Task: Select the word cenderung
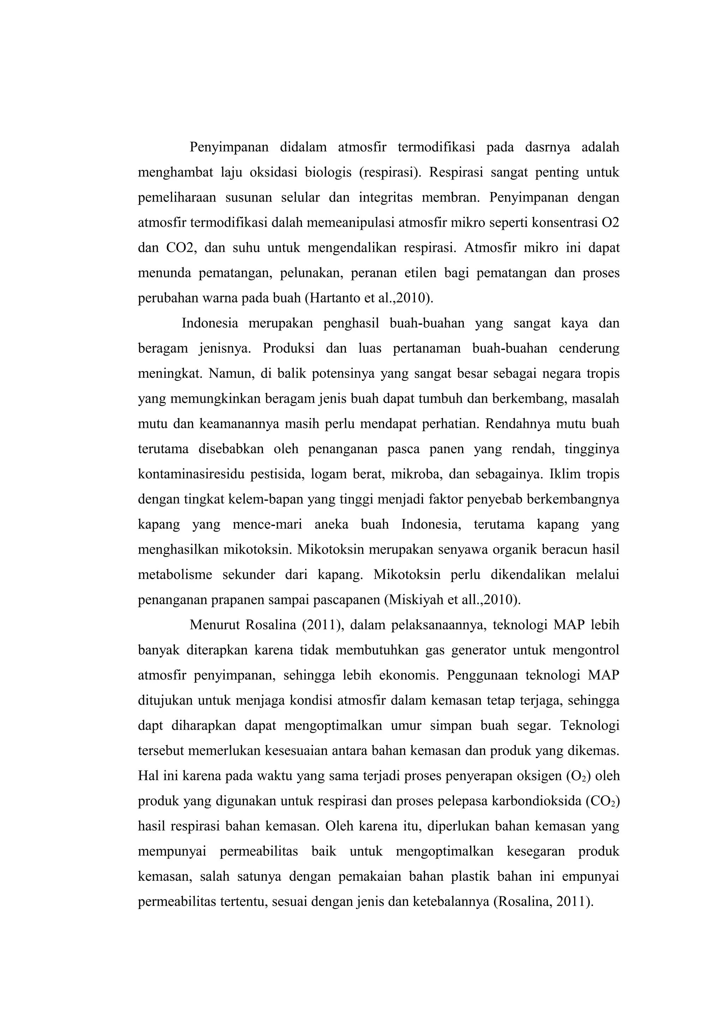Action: pyautogui.click(x=589, y=348)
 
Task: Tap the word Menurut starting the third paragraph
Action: pyautogui.click(x=215, y=625)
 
